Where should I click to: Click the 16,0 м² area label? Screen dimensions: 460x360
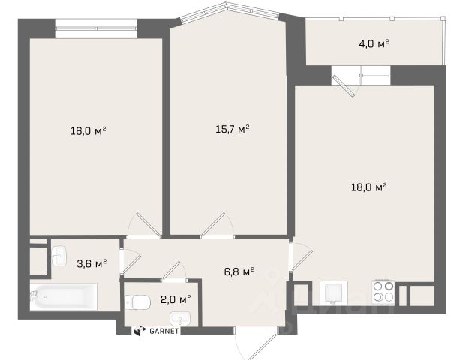(88, 130)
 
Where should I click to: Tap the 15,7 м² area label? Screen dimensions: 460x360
(233, 129)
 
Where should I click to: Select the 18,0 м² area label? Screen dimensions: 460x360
(368, 187)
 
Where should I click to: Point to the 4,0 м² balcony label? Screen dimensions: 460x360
(374, 44)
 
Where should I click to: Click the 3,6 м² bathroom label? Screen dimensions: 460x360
(92, 263)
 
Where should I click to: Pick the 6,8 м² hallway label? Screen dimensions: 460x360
(239, 271)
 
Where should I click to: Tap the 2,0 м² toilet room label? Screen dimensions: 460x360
(176, 299)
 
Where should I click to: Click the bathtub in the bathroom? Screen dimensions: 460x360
(64, 296)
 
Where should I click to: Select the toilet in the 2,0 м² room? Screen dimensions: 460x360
(137, 301)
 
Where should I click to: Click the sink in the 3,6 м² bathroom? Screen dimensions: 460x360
(59, 256)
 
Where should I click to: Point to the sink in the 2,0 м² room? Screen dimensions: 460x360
(180, 318)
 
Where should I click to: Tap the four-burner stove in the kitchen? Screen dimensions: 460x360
(383, 292)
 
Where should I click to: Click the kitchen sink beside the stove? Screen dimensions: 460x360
(334, 292)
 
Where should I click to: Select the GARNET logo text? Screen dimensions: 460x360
(164, 331)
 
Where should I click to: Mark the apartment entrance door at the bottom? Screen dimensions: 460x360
(256, 343)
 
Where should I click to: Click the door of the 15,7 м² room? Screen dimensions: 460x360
(217, 224)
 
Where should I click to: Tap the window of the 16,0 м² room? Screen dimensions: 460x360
(96, 28)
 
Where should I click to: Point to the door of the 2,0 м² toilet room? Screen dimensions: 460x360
(174, 271)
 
